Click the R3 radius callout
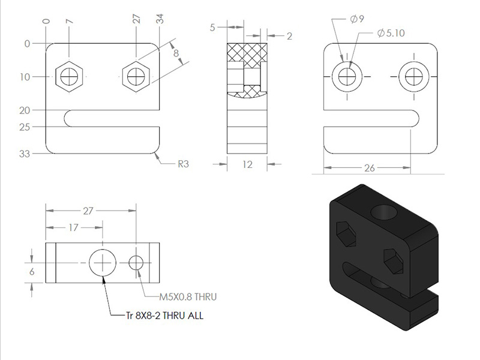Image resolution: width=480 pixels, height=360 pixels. [x=184, y=164]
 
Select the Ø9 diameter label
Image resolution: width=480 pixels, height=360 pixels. [x=357, y=19]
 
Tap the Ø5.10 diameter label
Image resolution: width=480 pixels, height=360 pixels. [x=391, y=33]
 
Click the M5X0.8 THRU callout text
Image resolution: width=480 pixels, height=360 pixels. [x=188, y=296]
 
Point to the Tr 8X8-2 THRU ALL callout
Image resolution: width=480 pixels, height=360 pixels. [x=164, y=316]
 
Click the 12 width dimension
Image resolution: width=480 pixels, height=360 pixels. [x=247, y=164]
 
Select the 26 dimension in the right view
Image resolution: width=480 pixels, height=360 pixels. [x=370, y=168]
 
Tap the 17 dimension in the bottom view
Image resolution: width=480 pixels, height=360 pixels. [x=73, y=227]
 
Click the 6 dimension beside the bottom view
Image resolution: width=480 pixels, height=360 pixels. [x=32, y=272]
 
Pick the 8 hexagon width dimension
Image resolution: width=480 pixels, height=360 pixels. [x=176, y=53]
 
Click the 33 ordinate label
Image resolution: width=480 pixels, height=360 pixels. [x=25, y=154]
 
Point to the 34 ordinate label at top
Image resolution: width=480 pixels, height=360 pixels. [x=160, y=19]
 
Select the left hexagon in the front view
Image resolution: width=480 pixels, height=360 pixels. [x=69, y=77]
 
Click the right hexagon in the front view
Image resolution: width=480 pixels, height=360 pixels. [x=136, y=77]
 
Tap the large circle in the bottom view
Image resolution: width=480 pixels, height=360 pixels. [x=103, y=263]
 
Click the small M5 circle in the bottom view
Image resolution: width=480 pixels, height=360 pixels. [x=136, y=263]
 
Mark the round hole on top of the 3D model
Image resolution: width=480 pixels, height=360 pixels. [x=384, y=212]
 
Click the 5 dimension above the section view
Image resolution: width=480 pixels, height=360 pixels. [x=212, y=28]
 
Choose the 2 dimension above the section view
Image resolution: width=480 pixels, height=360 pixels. [x=289, y=36]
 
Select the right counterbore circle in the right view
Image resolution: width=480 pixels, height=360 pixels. [x=414, y=77]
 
